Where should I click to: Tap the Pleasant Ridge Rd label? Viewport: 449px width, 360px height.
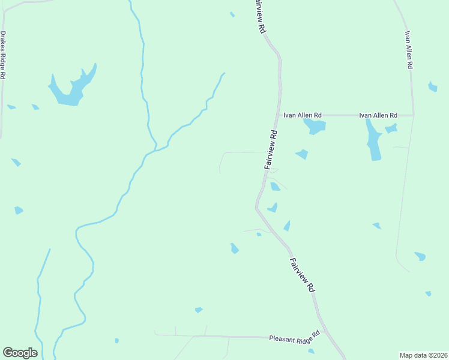click(295, 337)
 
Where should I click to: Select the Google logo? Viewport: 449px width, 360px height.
click(20, 353)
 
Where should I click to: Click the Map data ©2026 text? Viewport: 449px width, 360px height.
click(423, 355)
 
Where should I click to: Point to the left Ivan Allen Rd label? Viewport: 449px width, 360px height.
click(303, 115)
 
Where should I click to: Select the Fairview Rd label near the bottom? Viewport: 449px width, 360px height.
click(302, 275)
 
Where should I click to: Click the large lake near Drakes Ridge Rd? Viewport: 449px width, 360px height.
click(71, 89)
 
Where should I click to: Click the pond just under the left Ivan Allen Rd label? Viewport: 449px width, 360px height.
click(315, 126)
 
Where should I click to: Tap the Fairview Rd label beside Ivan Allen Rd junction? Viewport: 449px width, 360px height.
click(271, 149)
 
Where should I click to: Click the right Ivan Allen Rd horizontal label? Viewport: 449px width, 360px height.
click(378, 115)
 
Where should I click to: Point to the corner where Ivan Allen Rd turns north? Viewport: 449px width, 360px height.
click(413, 114)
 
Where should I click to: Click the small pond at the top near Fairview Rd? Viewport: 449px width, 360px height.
click(232, 14)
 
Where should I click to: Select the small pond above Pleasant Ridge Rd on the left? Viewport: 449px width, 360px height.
click(199, 310)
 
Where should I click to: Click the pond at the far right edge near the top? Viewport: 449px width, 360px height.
click(432, 87)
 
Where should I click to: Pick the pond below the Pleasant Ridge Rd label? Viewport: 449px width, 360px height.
click(311, 352)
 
